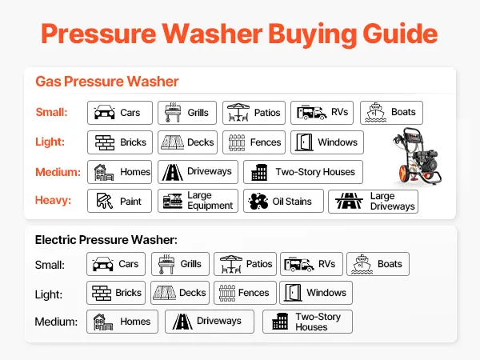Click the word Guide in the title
[400, 34]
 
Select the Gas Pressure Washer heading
[107, 82]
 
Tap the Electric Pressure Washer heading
[106, 240]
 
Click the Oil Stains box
[283, 201]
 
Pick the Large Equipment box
[198, 201]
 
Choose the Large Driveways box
[373, 202]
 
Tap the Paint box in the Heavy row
[119, 201]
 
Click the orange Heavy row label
[53, 200]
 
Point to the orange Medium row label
[58, 172]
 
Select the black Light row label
[49, 294]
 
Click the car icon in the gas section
[104, 112]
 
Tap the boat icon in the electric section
[362, 264]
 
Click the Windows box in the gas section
[327, 142]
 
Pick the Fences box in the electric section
[245, 293]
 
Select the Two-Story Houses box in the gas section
[303, 172]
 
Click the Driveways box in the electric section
[210, 322]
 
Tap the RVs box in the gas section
[322, 113]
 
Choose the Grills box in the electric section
[180, 264]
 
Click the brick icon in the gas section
[105, 142]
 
